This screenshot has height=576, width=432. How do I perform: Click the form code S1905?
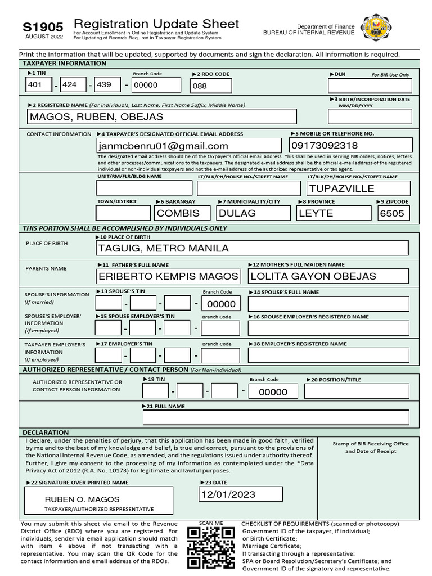pyautogui.click(x=43, y=27)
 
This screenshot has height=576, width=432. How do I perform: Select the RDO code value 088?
pyautogui.click(x=200, y=85)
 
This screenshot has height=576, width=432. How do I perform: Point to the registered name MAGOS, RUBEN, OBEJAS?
pyautogui.click(x=96, y=116)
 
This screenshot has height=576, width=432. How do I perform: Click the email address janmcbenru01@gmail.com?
pyautogui.click(x=163, y=146)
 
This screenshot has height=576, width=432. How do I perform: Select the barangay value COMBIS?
pyautogui.click(x=178, y=213)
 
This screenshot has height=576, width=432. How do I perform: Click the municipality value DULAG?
pyautogui.click(x=237, y=213)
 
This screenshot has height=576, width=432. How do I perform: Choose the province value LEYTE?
pyautogui.click(x=316, y=213)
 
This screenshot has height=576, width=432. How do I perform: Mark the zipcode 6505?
pyautogui.click(x=393, y=213)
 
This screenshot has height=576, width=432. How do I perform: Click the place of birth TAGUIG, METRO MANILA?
pyautogui.click(x=164, y=248)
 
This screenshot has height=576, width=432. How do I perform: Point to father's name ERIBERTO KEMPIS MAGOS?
pyautogui.click(x=168, y=276)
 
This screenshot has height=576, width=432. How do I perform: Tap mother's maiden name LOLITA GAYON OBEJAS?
pyautogui.click(x=313, y=276)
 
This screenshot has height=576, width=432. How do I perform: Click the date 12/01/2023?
pyautogui.click(x=228, y=494)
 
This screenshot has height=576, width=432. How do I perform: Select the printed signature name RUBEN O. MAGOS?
pyautogui.click(x=82, y=499)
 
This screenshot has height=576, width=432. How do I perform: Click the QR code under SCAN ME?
pyautogui.click(x=210, y=548)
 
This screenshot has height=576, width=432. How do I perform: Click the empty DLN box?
pyautogui.click(x=370, y=85)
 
